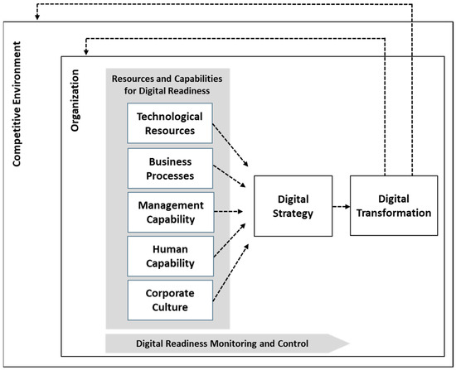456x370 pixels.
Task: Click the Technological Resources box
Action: tap(170, 123)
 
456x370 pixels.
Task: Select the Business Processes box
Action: tap(170, 168)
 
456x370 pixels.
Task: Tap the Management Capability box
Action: tap(170, 213)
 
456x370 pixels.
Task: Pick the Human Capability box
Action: tap(170, 257)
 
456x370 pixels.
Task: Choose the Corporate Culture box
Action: tap(170, 300)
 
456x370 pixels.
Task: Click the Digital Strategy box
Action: tap(293, 206)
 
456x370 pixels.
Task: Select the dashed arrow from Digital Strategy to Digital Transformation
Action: tap(341, 207)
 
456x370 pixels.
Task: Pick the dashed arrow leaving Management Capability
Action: tap(231, 213)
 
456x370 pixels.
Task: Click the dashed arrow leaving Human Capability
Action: tap(231, 240)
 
